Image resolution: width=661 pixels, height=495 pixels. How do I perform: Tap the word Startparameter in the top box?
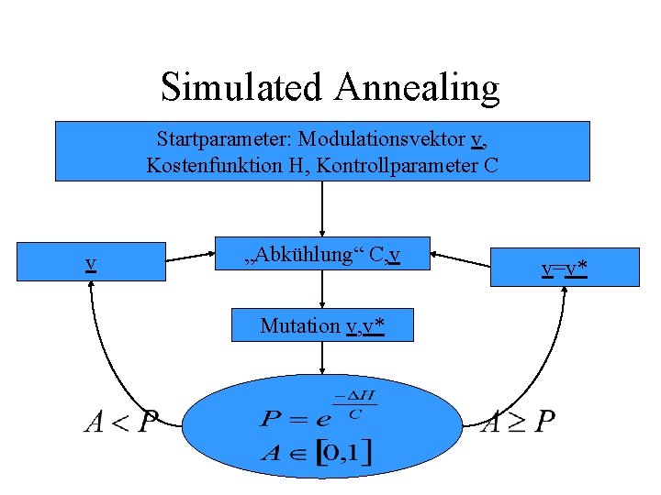pos(211,139)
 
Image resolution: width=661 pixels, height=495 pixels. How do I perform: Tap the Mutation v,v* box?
pos(322,325)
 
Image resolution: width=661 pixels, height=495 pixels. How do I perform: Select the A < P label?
pos(120,422)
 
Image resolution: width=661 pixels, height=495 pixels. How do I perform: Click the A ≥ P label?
pos(519,422)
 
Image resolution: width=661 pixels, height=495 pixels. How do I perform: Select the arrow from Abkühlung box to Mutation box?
pos(322,290)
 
